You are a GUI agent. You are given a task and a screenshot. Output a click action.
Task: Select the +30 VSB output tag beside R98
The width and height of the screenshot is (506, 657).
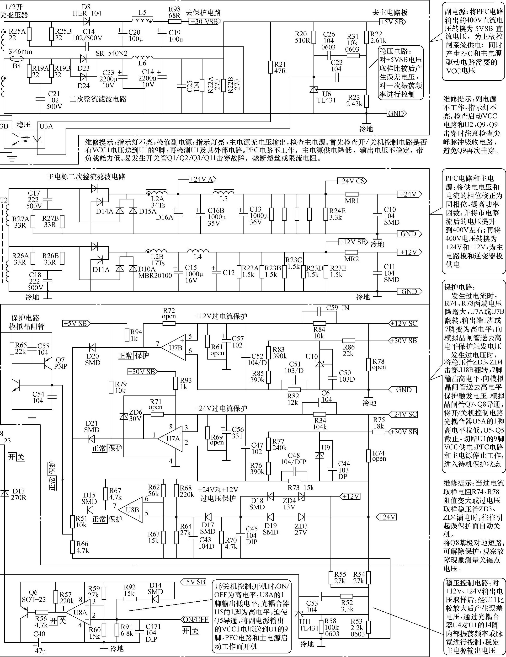coord(205,22)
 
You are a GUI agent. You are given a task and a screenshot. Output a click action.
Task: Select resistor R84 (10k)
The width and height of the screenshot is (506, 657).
coord(319,323)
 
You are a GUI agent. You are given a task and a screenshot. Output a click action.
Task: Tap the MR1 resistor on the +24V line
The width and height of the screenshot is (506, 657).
coord(352,194)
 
